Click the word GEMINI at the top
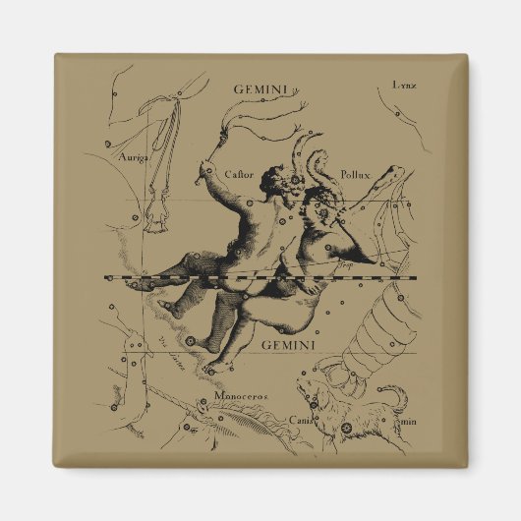260,88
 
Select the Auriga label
135,156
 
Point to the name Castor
239,173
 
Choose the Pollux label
356,175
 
